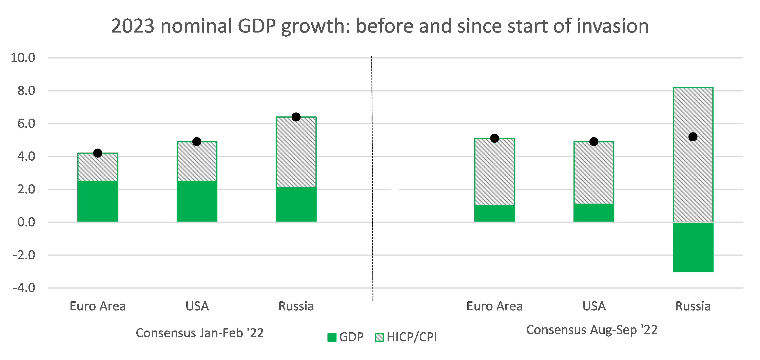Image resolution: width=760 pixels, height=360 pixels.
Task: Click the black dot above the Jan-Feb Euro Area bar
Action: point(98,153)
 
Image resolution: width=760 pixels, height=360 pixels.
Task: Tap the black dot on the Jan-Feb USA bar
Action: point(197,142)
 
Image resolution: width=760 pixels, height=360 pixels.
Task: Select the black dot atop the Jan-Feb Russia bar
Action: point(296,117)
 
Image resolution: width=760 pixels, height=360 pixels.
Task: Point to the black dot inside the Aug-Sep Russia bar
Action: point(693,137)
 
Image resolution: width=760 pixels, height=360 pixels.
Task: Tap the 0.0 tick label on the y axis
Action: point(26,222)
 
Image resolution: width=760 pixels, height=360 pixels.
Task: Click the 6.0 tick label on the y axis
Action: point(26,124)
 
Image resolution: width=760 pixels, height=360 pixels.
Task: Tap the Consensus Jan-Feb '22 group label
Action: point(199,333)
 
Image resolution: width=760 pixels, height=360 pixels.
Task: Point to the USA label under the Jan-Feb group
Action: point(197,306)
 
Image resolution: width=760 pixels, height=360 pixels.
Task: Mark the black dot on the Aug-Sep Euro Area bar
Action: point(494,138)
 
